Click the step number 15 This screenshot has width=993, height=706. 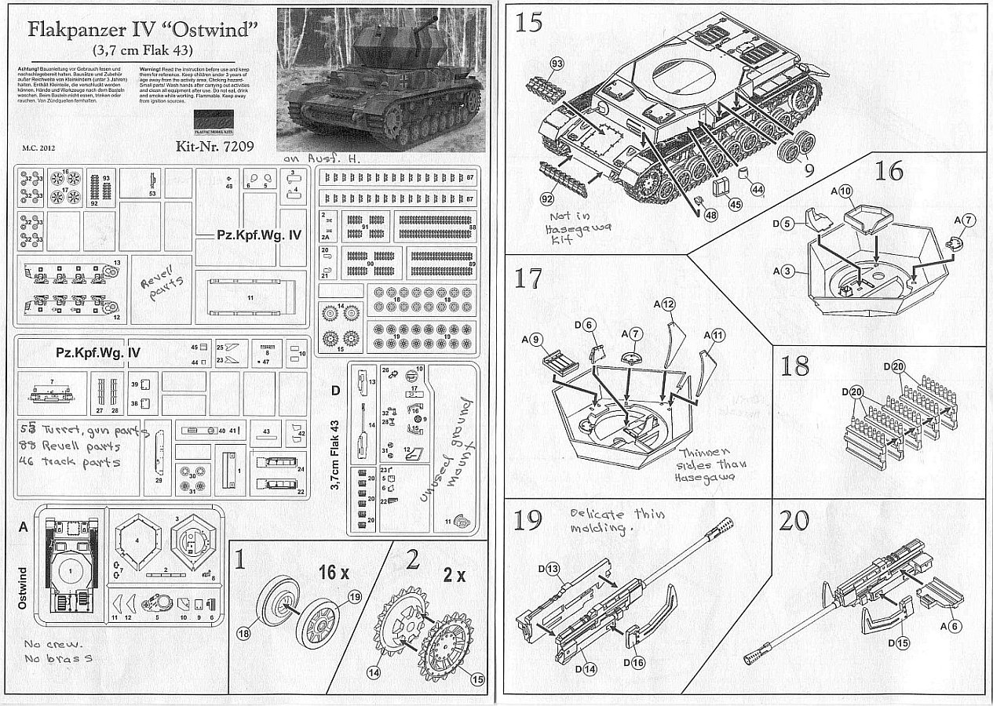(x=529, y=22)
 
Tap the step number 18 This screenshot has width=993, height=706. (x=795, y=366)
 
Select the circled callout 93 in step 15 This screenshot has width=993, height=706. (x=558, y=63)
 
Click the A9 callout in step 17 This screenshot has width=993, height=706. (x=533, y=340)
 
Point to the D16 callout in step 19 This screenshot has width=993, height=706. (x=634, y=663)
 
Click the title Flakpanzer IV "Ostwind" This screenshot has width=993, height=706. (x=144, y=31)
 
